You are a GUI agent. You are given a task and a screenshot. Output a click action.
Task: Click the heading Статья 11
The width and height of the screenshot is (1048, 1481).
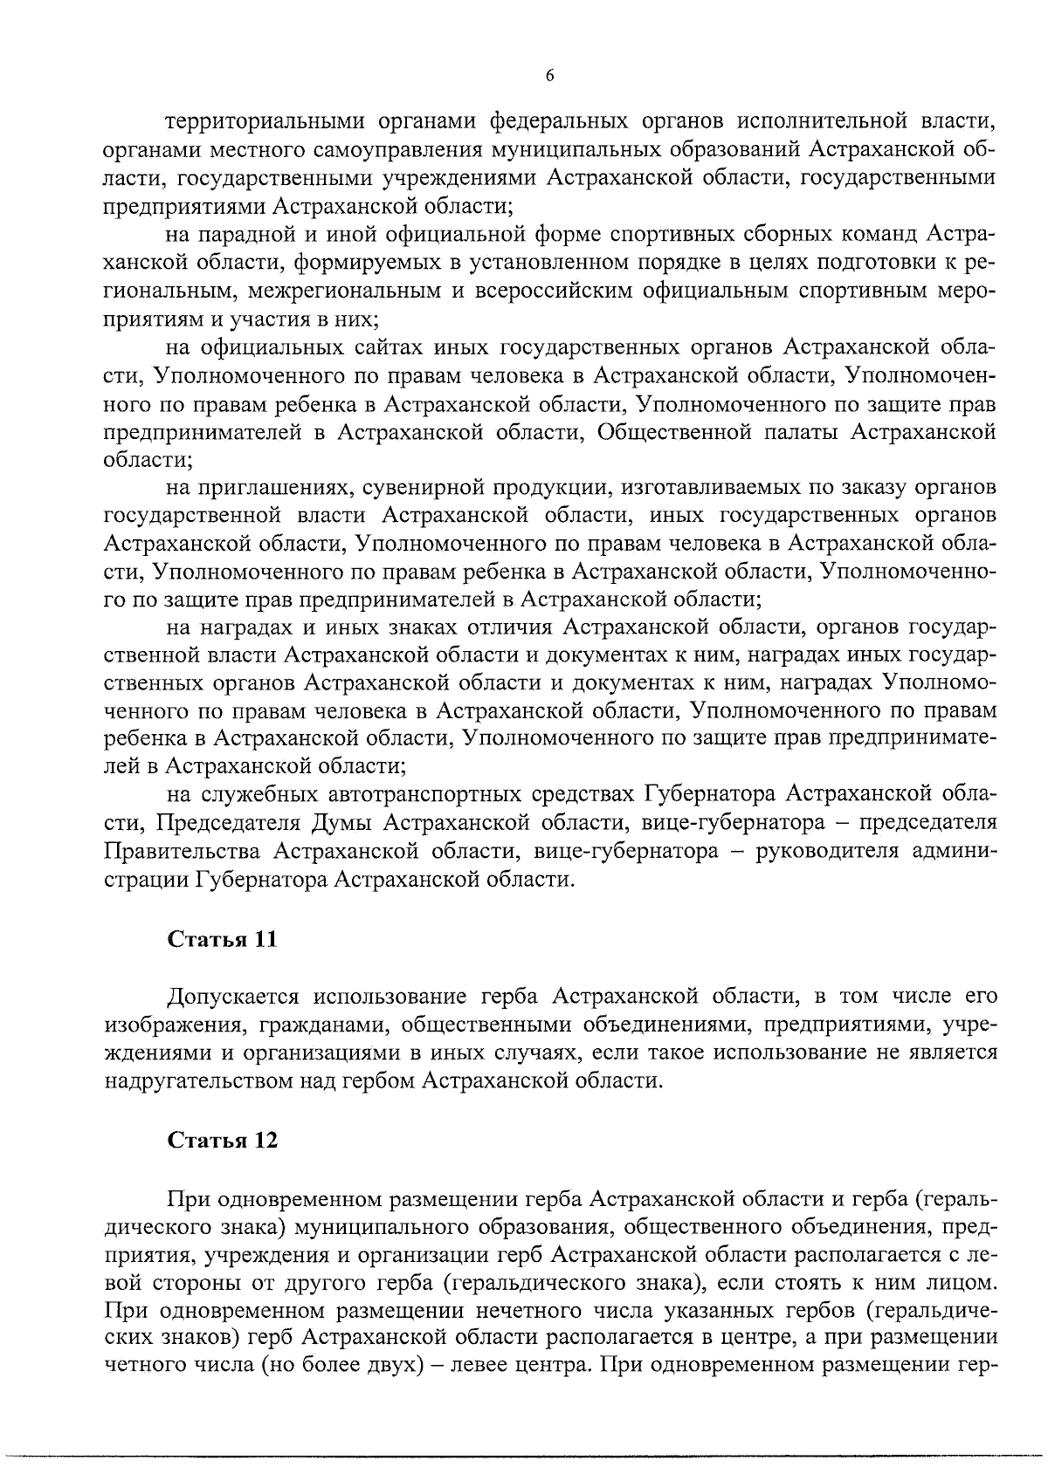pyautogui.click(x=222, y=940)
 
